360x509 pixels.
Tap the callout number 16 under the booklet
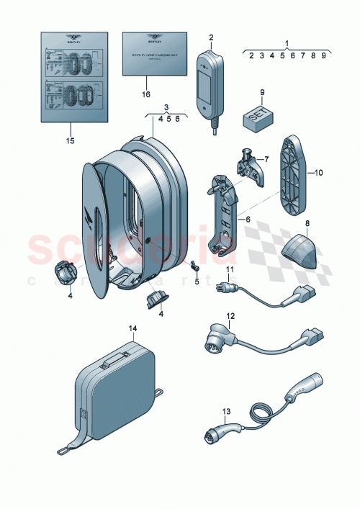[147, 94]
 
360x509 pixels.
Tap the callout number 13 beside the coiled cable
[225, 413]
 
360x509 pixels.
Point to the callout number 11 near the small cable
[231, 270]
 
